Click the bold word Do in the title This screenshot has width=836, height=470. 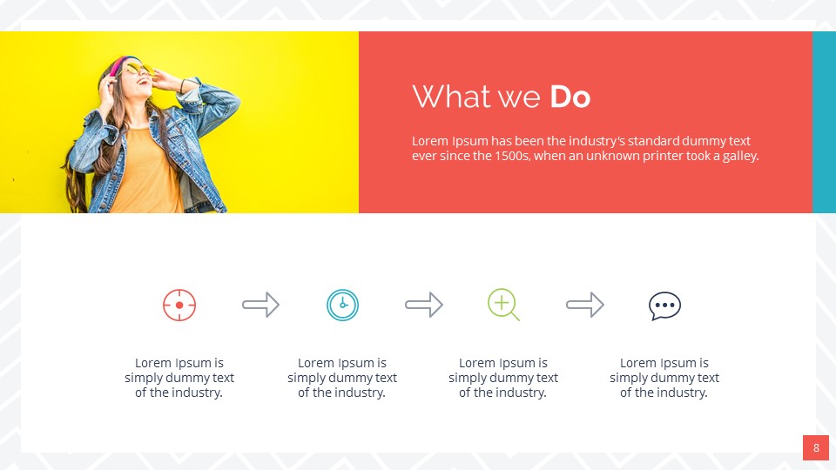click(570, 97)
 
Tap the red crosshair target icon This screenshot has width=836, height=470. click(179, 305)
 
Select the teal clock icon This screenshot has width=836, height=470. click(342, 305)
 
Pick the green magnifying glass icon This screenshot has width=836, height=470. click(502, 305)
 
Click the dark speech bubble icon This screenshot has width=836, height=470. click(664, 305)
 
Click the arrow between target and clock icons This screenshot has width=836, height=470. click(260, 305)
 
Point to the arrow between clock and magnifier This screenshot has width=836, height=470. click(423, 305)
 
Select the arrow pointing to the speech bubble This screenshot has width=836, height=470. click(584, 305)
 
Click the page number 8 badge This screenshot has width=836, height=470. click(816, 448)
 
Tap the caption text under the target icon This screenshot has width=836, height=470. click(179, 378)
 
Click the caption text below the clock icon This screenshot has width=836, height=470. click(342, 378)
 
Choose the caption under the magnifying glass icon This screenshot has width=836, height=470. click(503, 378)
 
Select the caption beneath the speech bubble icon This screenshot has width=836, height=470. click(664, 378)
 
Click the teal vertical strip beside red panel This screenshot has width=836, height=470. click(824, 122)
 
